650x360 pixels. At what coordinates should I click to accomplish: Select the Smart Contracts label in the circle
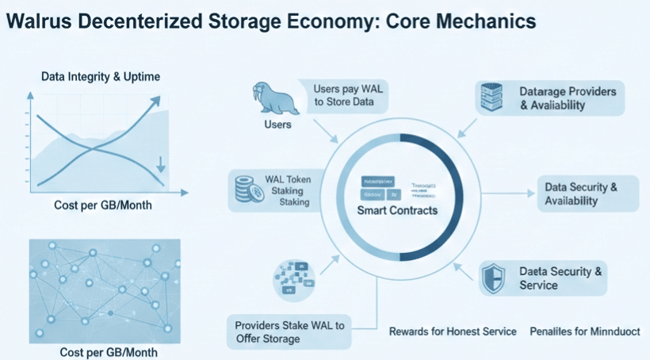(x=398, y=211)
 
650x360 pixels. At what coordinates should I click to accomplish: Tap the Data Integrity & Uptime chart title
(x=101, y=76)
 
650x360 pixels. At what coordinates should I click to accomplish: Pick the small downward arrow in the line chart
(x=161, y=165)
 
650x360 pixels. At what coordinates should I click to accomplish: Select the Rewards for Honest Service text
(x=453, y=331)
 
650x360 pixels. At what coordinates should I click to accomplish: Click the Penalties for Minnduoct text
(x=584, y=331)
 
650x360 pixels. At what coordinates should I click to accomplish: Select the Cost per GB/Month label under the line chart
(x=103, y=205)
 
